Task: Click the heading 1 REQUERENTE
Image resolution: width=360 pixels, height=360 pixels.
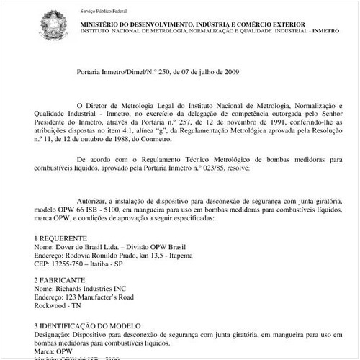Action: click(x=60, y=237)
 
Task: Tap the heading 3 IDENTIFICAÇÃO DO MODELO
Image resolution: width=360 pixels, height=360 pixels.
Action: click(x=87, y=325)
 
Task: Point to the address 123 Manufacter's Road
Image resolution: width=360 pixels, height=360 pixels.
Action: click(x=99, y=296)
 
